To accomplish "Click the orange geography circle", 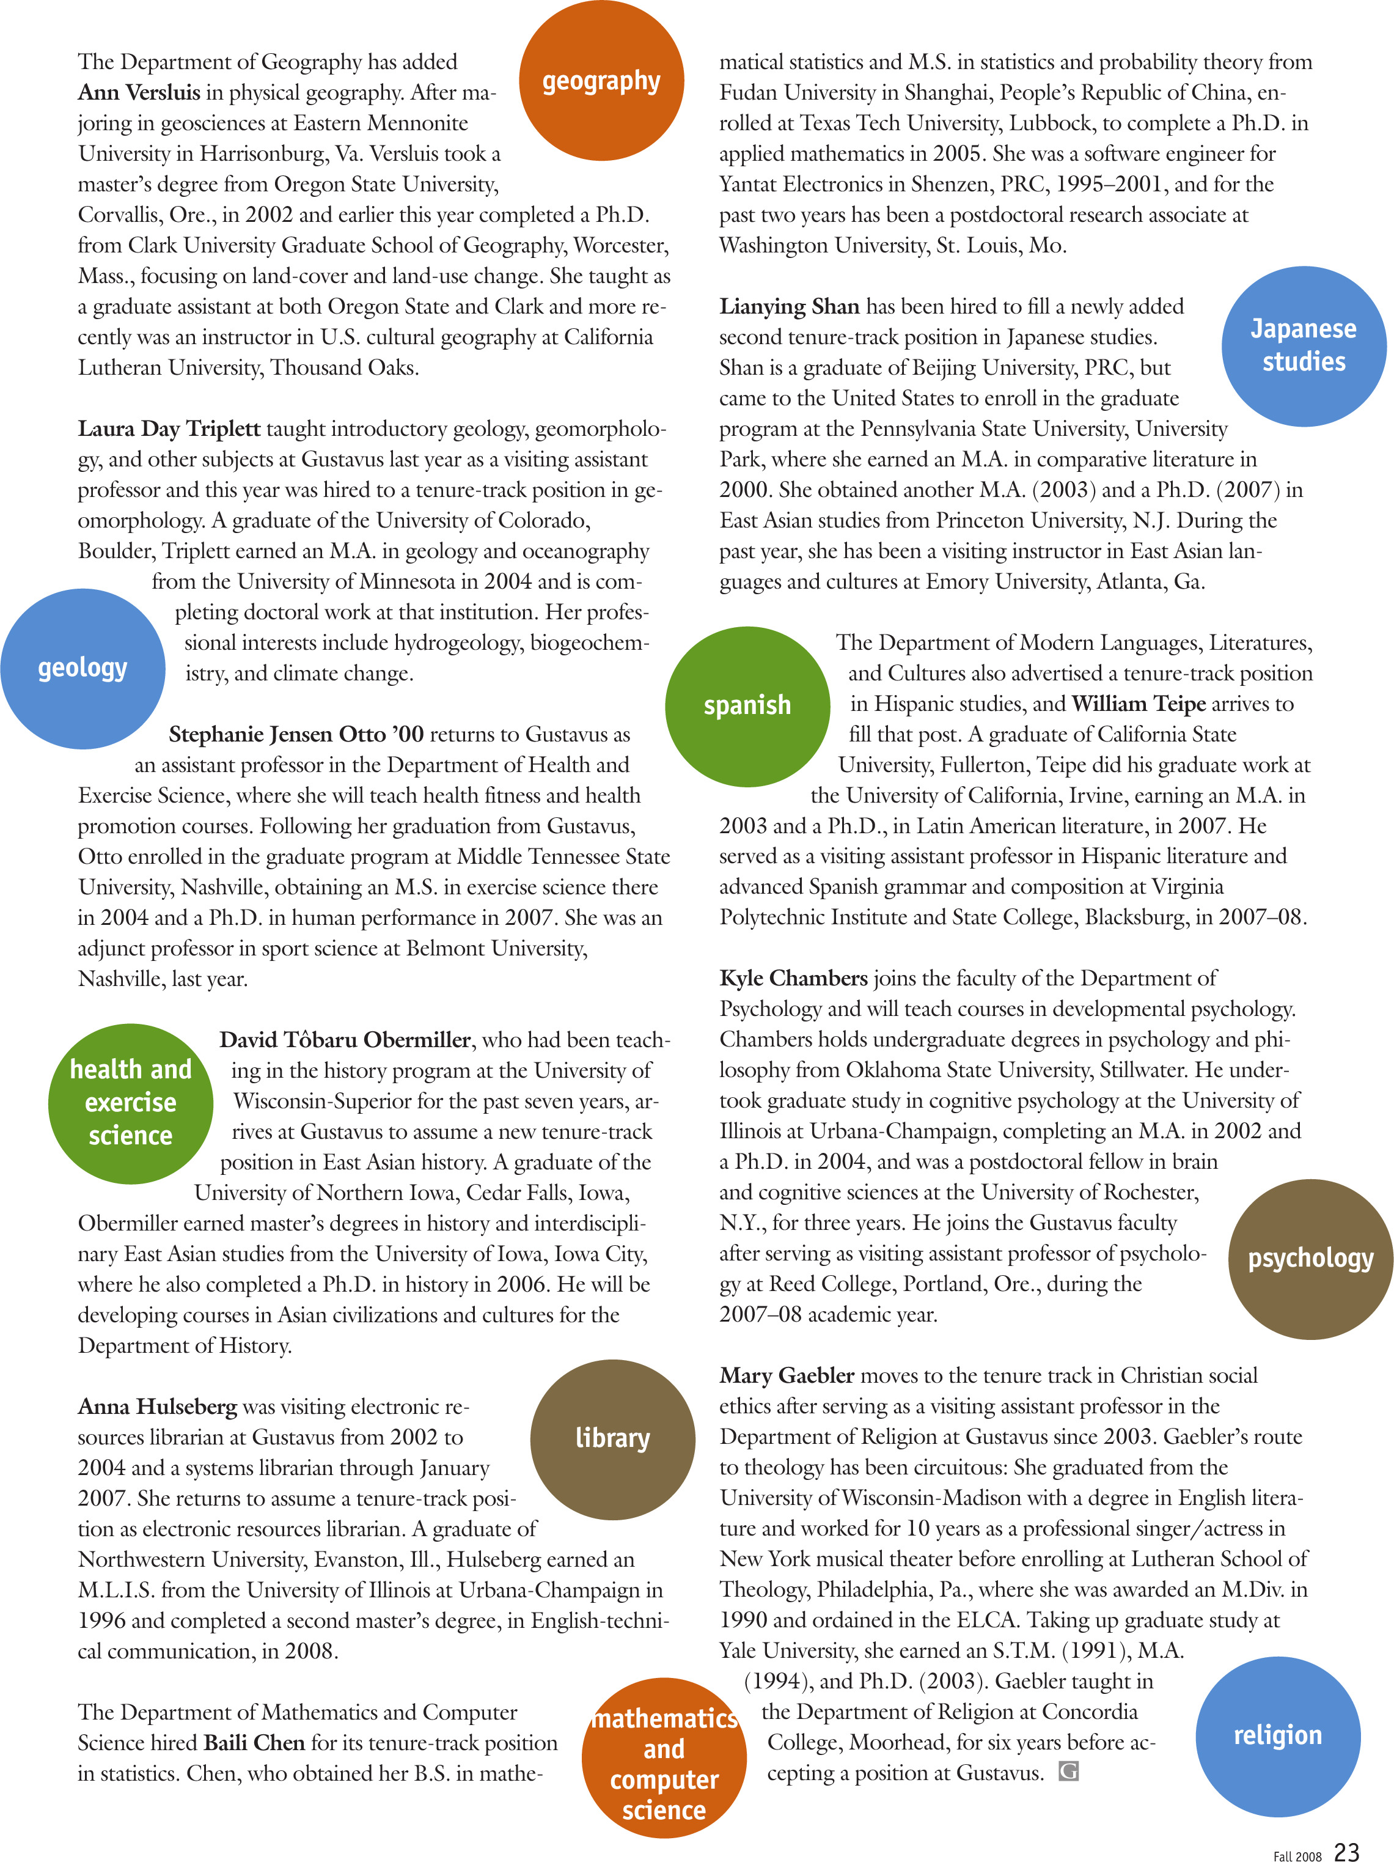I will click(x=601, y=81).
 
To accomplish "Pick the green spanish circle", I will click(x=747, y=705).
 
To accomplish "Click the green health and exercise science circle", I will click(x=130, y=1103).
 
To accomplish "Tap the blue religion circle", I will click(x=1277, y=1735).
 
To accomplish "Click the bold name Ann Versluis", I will click(x=139, y=92).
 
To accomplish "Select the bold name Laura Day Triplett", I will click(x=169, y=429).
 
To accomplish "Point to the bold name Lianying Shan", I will click(x=789, y=306).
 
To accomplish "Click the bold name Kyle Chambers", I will click(x=793, y=978).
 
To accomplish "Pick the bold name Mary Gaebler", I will click(x=787, y=1375).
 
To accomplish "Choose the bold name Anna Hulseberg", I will click(x=158, y=1407).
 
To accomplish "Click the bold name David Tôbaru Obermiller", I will click(x=344, y=1040).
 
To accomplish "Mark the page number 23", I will click(x=1347, y=1850).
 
